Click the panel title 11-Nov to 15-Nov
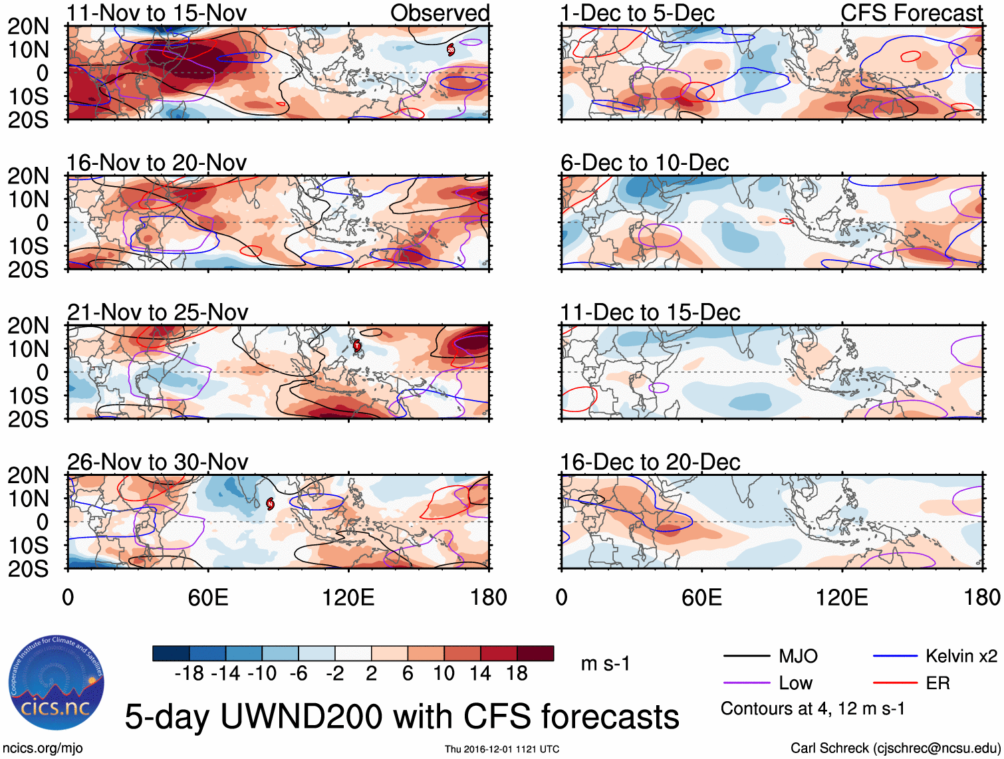[157, 13]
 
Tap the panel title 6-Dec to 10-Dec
[644, 163]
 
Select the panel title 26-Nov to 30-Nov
[158, 462]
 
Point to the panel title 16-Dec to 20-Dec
[650, 462]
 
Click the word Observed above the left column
[439, 13]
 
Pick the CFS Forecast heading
[912, 13]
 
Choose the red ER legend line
[895, 683]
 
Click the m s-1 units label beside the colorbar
[605, 663]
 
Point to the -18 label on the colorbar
[189, 673]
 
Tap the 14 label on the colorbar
[480, 673]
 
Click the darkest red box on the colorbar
[535, 653]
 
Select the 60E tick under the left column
[208, 597]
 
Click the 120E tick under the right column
[842, 597]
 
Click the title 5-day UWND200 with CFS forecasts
[402, 716]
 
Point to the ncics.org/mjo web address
[43, 748]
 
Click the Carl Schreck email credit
[895, 748]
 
